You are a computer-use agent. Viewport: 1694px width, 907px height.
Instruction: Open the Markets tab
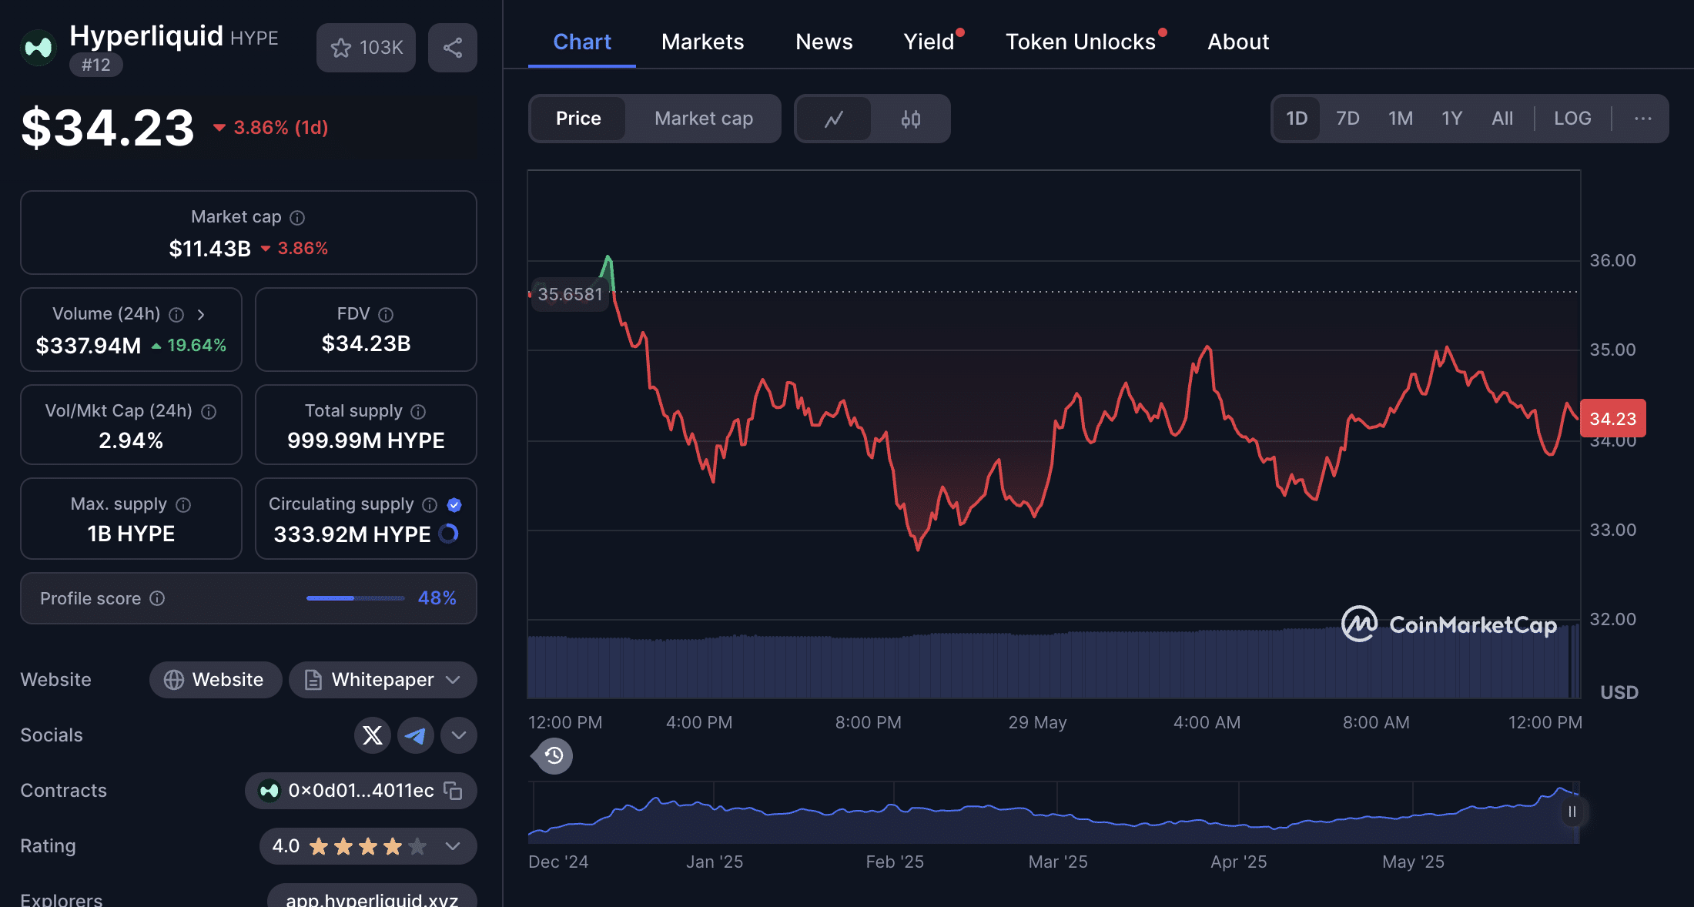click(702, 42)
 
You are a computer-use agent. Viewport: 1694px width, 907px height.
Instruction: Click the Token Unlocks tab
click(1080, 42)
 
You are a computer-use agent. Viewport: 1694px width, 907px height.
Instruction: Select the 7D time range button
click(1347, 119)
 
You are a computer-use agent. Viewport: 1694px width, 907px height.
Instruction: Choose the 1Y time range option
click(1451, 119)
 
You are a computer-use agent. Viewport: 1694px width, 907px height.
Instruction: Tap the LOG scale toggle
click(1572, 119)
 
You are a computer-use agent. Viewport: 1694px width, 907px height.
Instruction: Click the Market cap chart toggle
click(704, 119)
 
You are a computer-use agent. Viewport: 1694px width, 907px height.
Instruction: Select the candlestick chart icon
click(911, 119)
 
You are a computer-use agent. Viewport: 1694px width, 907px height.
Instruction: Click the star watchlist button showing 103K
click(366, 48)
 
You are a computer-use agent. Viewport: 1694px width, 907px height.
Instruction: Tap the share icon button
click(453, 48)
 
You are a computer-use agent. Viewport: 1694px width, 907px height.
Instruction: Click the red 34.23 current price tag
click(1613, 418)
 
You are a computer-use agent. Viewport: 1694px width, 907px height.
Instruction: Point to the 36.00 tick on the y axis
click(1613, 260)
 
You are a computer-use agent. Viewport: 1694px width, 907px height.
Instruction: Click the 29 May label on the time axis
click(1037, 722)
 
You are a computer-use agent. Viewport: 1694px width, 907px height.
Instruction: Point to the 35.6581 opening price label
click(570, 294)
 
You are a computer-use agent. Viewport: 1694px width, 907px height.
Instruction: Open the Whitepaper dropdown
click(383, 680)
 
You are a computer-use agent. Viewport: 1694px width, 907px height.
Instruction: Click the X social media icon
click(373, 735)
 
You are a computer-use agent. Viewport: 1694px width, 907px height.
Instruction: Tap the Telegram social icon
click(416, 735)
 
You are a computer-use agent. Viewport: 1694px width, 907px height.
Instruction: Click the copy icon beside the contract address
click(453, 791)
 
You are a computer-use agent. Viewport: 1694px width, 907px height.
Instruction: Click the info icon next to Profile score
click(157, 598)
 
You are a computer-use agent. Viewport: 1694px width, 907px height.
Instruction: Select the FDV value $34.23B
click(366, 343)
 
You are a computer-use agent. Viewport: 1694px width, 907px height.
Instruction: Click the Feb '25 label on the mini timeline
click(895, 862)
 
